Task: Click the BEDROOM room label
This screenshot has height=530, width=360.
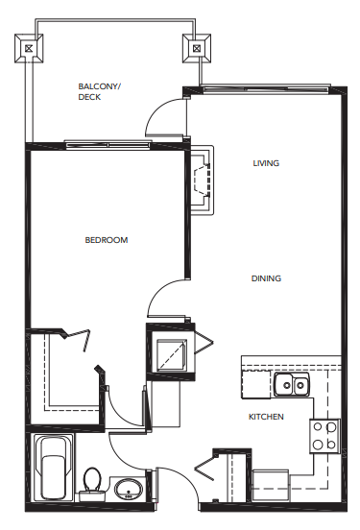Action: click(x=106, y=240)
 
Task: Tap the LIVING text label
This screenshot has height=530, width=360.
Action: click(x=266, y=163)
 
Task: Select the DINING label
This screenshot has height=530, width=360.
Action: click(x=266, y=278)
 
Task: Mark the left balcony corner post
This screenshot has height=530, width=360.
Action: click(x=31, y=45)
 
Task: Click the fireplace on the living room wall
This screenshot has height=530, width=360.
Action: click(x=202, y=179)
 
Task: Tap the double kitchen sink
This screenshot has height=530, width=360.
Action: click(x=291, y=386)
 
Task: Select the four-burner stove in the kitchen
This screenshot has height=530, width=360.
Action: click(x=324, y=437)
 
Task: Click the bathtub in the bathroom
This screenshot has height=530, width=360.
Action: click(x=54, y=468)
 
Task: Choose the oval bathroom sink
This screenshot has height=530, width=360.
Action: click(x=128, y=492)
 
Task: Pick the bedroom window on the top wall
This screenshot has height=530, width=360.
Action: click(x=106, y=146)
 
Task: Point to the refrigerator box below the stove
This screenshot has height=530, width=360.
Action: click(x=271, y=483)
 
